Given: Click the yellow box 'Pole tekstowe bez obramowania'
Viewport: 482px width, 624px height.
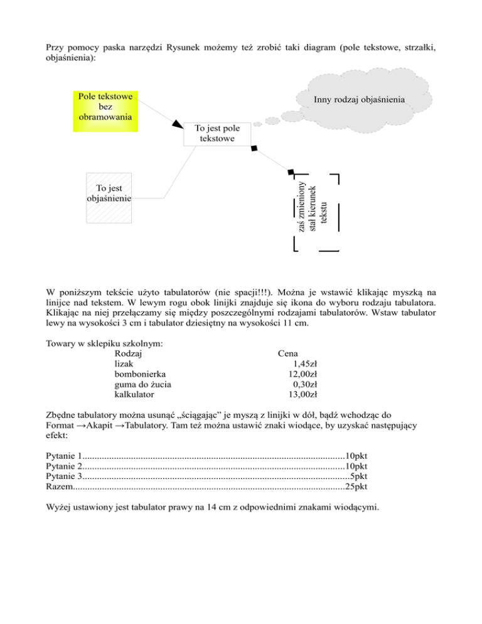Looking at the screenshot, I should click(x=104, y=107).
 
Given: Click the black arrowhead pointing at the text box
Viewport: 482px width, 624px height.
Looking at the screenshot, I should click(x=178, y=124).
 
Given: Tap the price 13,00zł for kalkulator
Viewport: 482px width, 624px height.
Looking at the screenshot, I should click(x=301, y=395).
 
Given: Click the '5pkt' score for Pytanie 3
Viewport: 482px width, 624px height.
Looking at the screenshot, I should click(x=359, y=476).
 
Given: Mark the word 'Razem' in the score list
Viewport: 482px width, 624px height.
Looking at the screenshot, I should click(x=60, y=487).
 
